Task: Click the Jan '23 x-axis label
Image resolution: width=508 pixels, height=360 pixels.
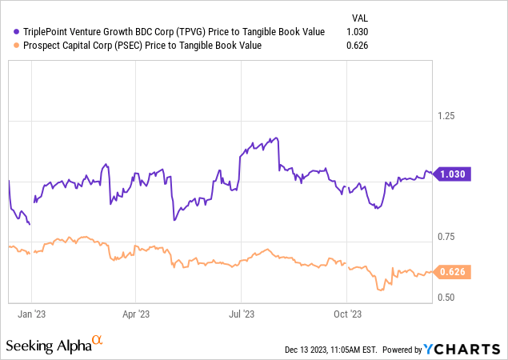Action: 31,315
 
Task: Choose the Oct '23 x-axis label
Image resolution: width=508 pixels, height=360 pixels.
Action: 346,315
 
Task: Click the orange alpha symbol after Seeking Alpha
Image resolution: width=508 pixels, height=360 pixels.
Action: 98,342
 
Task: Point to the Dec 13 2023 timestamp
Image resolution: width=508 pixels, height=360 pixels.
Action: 330,350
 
